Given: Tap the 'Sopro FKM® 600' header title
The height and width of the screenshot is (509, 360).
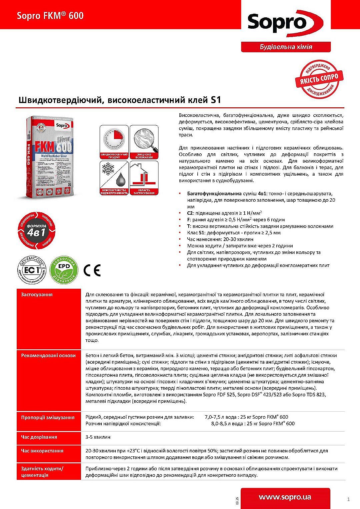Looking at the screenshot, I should pos(50,16).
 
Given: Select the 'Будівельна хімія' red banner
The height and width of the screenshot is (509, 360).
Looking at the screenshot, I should pos(286,47).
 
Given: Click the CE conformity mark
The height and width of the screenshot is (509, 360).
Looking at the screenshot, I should pos(92,270).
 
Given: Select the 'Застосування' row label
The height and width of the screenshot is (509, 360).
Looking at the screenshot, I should pos(37,295).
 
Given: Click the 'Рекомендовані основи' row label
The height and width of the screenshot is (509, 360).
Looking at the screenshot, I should pos(48,356).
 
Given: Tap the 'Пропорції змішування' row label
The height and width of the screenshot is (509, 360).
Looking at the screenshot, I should pos(48,417).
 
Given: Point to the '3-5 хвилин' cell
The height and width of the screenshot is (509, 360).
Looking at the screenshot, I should pos(98,437).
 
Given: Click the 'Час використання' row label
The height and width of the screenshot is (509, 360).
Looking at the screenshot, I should pos(42,451).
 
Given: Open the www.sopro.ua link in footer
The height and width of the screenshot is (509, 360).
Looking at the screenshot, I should pos(285,497).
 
